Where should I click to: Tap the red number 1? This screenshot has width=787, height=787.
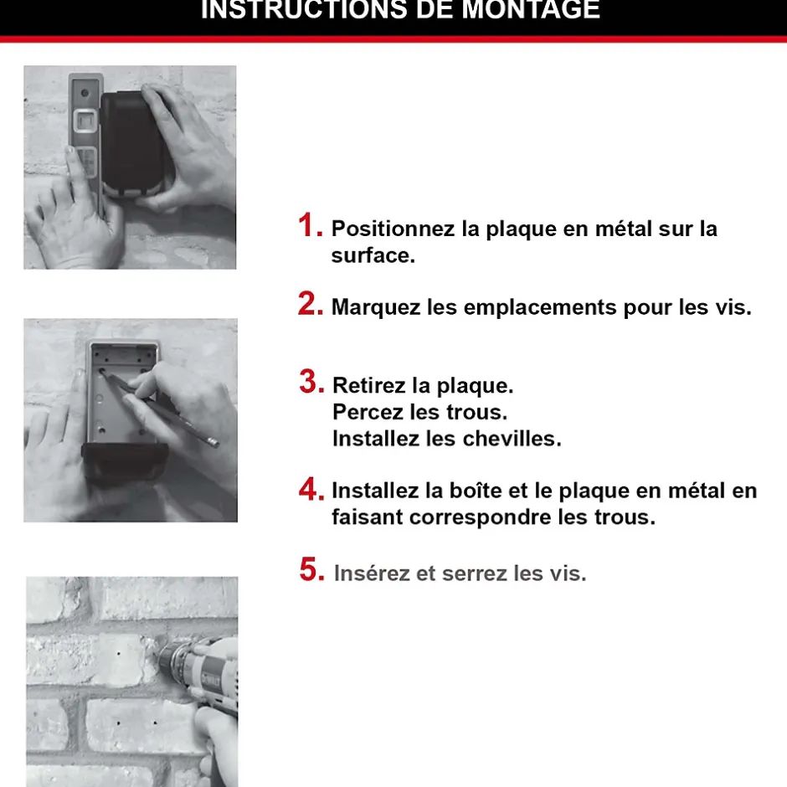310,226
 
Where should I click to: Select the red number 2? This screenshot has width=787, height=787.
310,305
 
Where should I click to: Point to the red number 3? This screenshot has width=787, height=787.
311,383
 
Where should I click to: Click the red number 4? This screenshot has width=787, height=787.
311,489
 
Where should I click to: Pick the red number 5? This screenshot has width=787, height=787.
311,571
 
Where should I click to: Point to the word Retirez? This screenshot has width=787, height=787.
368,386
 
